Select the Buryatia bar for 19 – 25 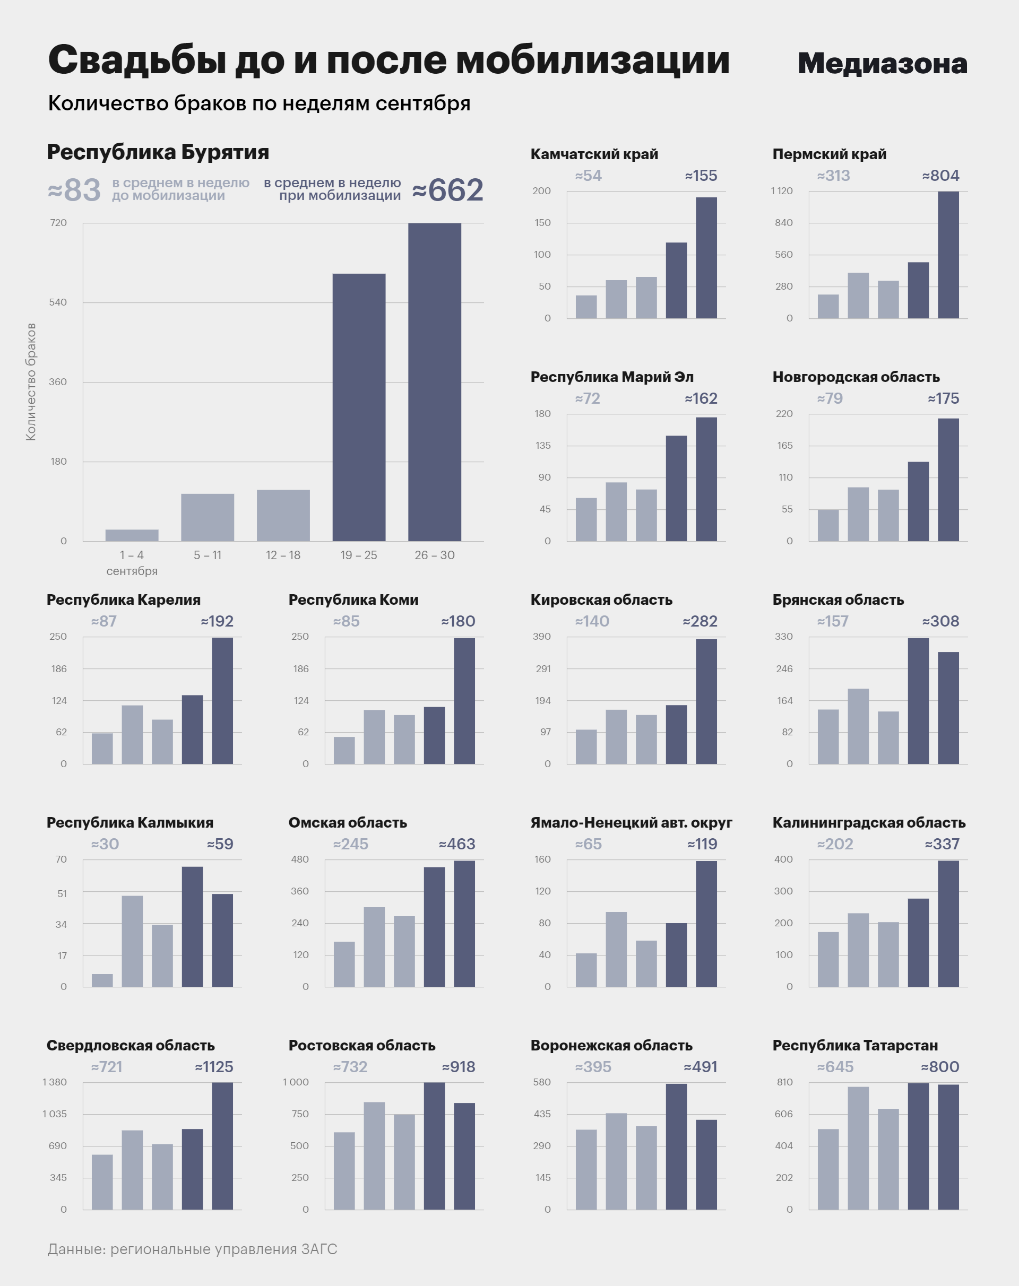coord(359,407)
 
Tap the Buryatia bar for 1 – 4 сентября coord(132,535)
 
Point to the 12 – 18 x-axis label coord(283,555)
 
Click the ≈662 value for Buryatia coord(447,190)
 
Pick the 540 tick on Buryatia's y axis coord(58,302)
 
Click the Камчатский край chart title coord(594,154)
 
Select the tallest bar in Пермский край coord(948,255)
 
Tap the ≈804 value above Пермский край coord(940,176)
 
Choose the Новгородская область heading coord(856,377)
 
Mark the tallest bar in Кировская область coord(706,701)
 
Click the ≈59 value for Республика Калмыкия coord(220,844)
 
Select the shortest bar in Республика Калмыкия coord(102,980)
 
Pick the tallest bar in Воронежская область coord(676,1146)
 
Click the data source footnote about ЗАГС coord(192,1249)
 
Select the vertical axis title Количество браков coord(31,382)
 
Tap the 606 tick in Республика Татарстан coord(783,1114)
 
